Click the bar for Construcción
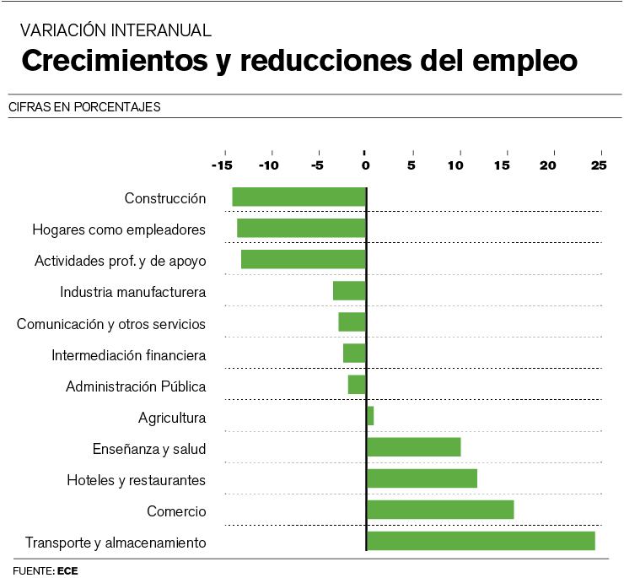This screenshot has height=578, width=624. (x=299, y=197)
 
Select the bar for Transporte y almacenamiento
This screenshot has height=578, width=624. (x=481, y=541)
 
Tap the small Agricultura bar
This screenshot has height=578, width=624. (x=370, y=416)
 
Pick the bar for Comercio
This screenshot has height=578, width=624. (x=440, y=510)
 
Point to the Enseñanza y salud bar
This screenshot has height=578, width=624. (x=413, y=447)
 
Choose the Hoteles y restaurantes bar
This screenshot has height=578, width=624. (x=422, y=478)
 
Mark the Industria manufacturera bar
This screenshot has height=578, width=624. (x=349, y=291)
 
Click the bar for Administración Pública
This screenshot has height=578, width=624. (x=357, y=385)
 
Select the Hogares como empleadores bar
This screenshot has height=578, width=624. (x=301, y=228)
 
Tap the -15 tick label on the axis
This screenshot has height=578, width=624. (x=223, y=165)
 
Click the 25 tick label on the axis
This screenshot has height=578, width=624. (x=599, y=165)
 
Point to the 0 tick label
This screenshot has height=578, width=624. (x=365, y=165)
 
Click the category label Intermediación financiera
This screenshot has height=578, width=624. (x=128, y=355)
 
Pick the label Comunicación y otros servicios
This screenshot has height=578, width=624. (x=111, y=324)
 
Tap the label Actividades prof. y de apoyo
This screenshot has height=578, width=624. (x=120, y=261)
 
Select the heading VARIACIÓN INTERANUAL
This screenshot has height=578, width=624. (x=116, y=30)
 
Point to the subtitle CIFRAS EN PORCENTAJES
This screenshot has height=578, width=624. (x=84, y=107)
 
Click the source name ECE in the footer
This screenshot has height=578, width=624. (x=68, y=570)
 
